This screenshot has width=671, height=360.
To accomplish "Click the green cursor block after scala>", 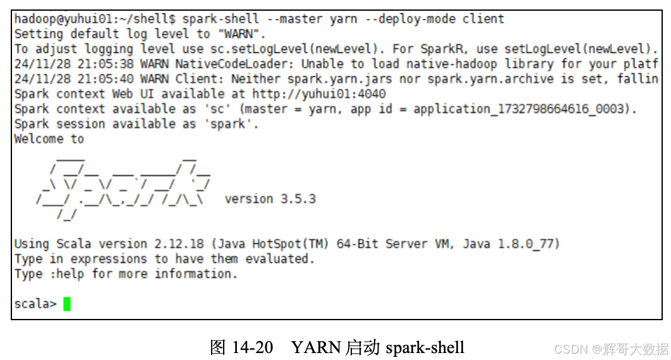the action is point(67,304).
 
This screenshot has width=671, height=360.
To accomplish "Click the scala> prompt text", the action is point(35,304).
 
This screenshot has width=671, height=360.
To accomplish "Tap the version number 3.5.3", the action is point(298,199).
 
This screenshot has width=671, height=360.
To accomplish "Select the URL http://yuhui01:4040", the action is point(319,94).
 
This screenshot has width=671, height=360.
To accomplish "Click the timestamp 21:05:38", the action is point(106,64).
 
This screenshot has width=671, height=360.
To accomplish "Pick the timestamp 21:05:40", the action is point(106,79).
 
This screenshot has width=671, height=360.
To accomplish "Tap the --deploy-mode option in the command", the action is point(410,19).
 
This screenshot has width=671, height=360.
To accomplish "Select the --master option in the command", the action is point(294,19).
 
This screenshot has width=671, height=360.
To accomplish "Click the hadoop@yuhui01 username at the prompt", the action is point(63,19).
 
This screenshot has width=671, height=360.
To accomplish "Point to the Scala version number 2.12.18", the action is point(179,244).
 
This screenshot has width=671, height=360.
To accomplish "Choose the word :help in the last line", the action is point(67,273).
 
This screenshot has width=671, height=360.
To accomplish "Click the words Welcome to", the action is point(49,139).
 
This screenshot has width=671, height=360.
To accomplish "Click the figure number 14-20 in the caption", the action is point(253,347).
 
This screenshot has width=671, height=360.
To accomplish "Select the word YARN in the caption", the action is point(317,347).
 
